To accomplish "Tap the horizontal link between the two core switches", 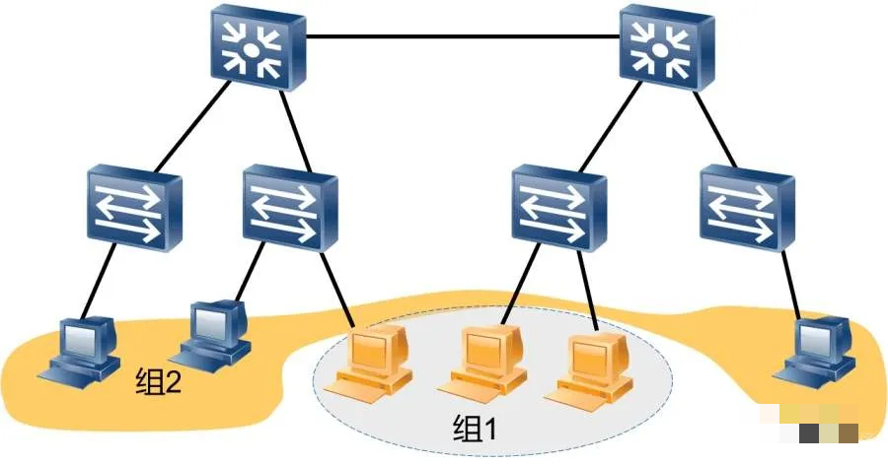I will [x=464, y=37].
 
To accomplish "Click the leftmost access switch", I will [x=134, y=207].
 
